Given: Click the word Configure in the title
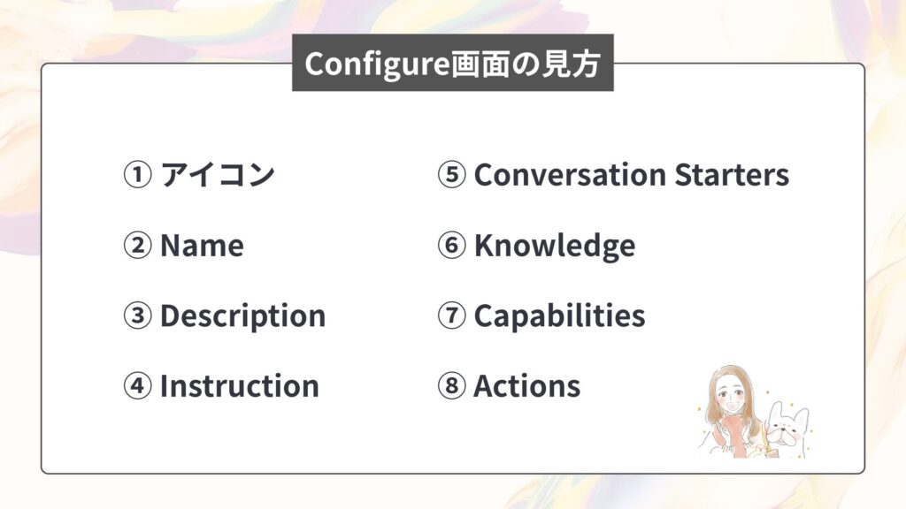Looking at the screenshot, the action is coord(377,64).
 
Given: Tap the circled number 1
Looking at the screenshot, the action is coord(137,175).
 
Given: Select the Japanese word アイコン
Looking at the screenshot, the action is coord(218,174).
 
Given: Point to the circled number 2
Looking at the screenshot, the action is coord(137,246).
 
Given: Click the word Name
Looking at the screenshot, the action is coord(202,246).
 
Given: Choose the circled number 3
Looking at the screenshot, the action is coord(137,315).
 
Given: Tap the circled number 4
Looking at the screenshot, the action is coord(137,386).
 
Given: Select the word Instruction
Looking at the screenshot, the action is coord(239,386).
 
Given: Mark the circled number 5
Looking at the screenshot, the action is coord(451,175).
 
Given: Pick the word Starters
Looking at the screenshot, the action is coord(732,175).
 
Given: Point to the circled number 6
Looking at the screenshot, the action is coord(451,246).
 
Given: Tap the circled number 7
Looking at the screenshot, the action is coord(451,315).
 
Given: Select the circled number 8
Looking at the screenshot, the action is coord(451,386).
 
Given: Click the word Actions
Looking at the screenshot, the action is coord(527,386).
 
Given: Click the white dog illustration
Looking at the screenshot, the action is coord(787,427).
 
